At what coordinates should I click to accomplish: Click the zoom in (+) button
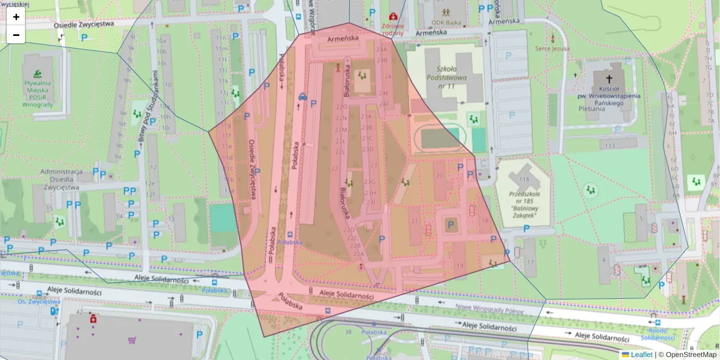point(16,17)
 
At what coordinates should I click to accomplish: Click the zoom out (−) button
point(16,35)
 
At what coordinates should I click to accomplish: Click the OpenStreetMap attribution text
point(687,355)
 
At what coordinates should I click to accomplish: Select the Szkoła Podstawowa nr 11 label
point(443,76)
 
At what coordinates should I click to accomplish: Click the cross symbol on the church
point(610,79)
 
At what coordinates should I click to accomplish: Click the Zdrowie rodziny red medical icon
point(393,16)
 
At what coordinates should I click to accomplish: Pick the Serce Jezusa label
point(552,48)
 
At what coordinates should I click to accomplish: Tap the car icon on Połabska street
point(302,96)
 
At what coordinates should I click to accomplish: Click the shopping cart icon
point(132,340)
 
